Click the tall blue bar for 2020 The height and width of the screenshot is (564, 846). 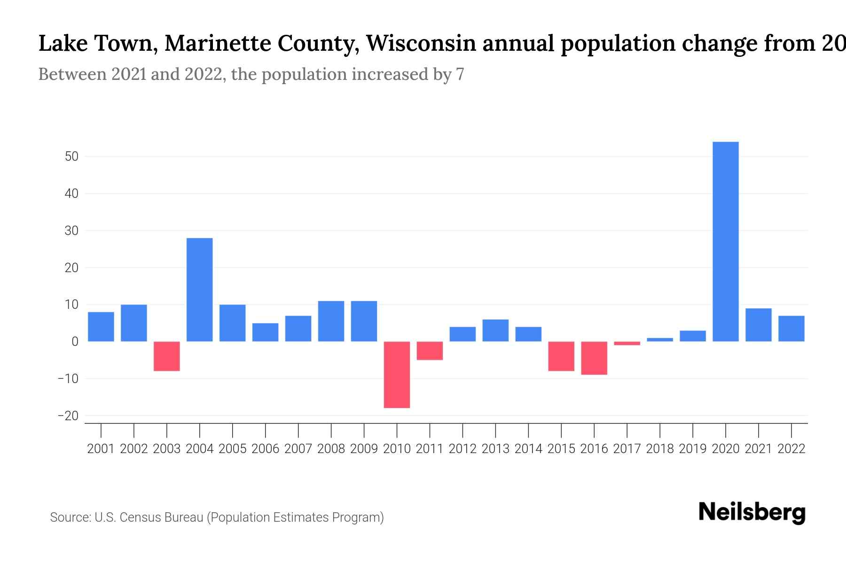click(x=726, y=242)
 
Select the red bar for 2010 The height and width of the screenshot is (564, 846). click(x=397, y=375)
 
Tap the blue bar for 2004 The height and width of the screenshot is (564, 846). click(x=200, y=290)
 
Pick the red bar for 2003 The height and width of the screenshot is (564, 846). click(x=167, y=356)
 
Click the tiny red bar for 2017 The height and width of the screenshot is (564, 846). click(x=627, y=344)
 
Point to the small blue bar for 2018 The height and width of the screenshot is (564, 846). click(x=660, y=339)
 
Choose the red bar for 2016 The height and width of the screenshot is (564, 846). click(x=594, y=358)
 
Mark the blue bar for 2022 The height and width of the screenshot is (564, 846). click(x=791, y=329)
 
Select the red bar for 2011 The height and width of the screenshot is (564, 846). click(x=430, y=351)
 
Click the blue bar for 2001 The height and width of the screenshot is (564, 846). click(x=101, y=327)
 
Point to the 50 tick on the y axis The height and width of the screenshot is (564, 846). click(x=71, y=157)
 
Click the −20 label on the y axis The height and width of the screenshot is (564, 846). click(x=68, y=416)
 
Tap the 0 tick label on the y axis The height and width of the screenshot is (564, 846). click(x=75, y=342)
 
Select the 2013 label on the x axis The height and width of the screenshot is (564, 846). click(x=495, y=449)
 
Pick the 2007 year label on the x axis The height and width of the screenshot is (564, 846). click(x=298, y=449)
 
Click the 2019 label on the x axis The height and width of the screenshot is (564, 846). click(x=693, y=449)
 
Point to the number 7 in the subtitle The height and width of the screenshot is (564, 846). click(x=460, y=74)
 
